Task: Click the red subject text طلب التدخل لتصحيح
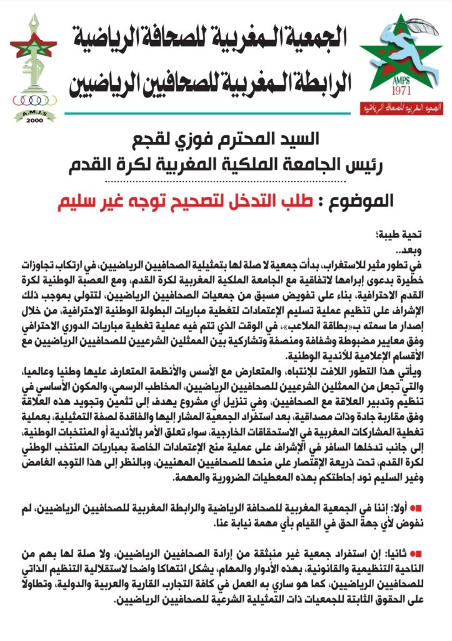243,202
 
